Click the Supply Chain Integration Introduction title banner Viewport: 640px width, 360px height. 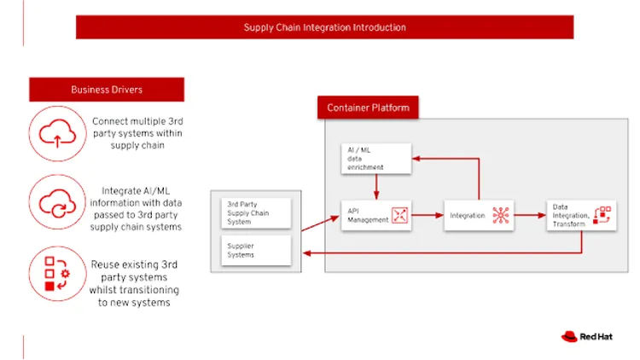coord(324,27)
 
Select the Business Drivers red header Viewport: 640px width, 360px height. coord(107,90)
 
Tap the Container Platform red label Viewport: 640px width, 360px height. coord(368,107)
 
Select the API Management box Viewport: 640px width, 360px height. coord(375,215)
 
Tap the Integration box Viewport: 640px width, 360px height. coord(479,216)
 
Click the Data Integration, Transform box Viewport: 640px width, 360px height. coord(581,215)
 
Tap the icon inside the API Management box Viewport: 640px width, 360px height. coord(399,215)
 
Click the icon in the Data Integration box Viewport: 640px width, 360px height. coord(603,214)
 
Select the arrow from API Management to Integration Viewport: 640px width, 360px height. coord(428,216)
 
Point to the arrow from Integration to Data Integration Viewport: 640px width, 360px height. coord(531,216)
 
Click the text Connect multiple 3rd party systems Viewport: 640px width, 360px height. coord(137,133)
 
